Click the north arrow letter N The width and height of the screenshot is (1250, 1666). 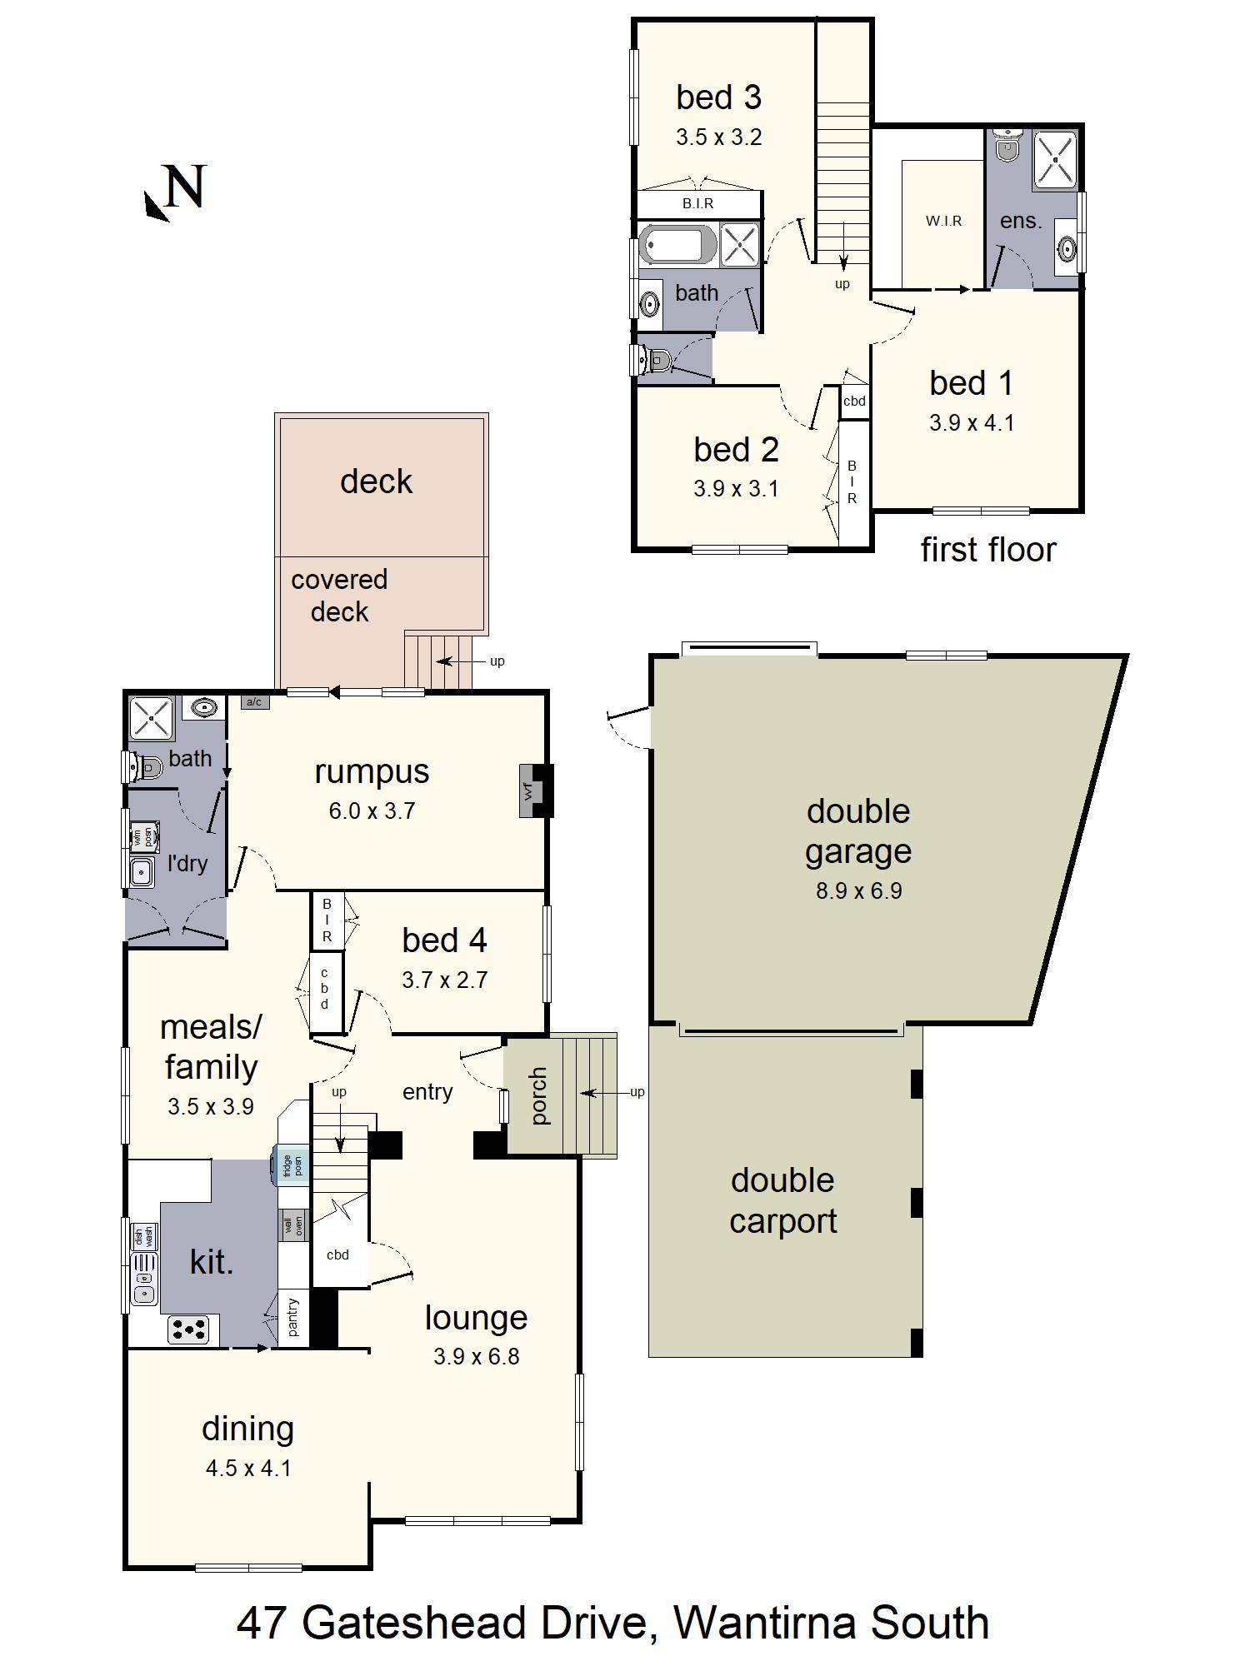(x=184, y=187)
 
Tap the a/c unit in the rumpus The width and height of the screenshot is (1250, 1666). (x=254, y=702)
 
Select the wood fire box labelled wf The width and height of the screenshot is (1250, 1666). (x=528, y=791)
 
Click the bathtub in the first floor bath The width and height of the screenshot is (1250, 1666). (x=677, y=245)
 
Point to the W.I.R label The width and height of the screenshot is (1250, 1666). (x=943, y=221)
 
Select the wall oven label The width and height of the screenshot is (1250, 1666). (x=293, y=1225)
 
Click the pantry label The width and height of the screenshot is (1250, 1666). (x=293, y=1317)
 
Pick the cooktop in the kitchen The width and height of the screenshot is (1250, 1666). (x=187, y=1329)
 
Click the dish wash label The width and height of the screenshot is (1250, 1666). (x=142, y=1236)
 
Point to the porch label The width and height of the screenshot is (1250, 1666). (x=538, y=1096)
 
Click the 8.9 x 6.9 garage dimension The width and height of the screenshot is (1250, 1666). (x=858, y=890)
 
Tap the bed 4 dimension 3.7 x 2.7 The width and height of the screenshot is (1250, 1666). (x=444, y=980)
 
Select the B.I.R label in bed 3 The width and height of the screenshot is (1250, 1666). (x=697, y=203)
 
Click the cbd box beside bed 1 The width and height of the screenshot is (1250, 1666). (x=854, y=401)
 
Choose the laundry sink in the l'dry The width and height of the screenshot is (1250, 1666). (x=142, y=872)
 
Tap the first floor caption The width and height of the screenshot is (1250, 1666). (x=987, y=550)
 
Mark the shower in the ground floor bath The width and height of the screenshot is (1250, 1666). (x=151, y=717)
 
